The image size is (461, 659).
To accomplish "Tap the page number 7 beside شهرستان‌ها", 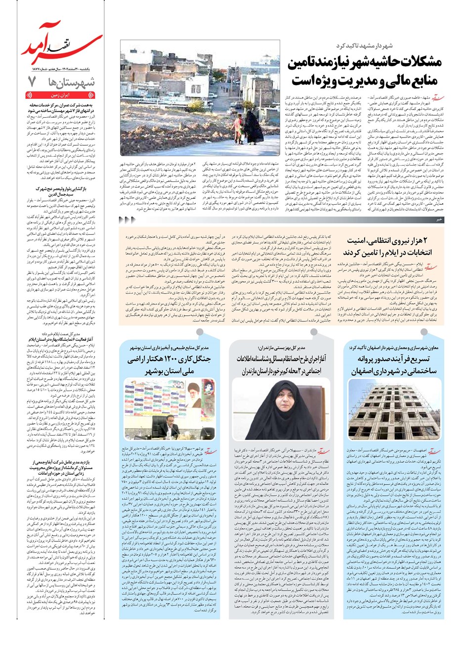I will pyautogui.click(x=33, y=82).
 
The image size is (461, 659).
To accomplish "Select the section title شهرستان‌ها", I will pyautogui.click(x=68, y=82).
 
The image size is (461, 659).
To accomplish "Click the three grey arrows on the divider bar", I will pyautogui.click(x=127, y=219).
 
